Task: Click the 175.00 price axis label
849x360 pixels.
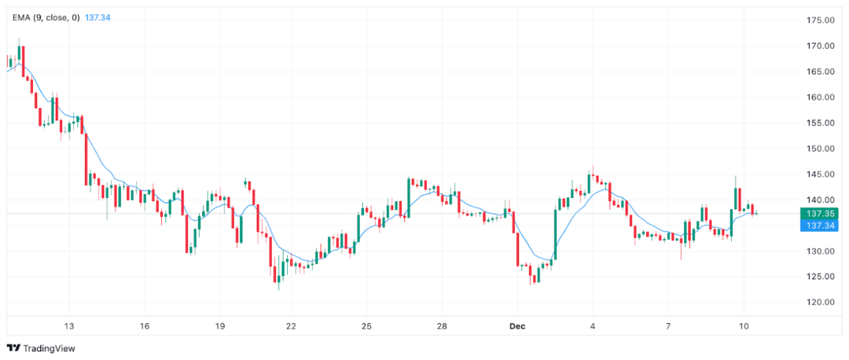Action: (x=818, y=20)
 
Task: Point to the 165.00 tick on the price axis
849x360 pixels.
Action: (x=818, y=72)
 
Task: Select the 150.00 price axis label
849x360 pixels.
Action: (x=818, y=149)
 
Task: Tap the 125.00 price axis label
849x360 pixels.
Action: (x=818, y=277)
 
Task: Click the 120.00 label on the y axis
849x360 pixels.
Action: (x=818, y=303)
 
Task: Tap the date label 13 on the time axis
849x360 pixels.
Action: (x=69, y=325)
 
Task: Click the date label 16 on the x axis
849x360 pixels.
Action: (x=145, y=325)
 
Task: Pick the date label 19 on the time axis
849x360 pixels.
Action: (x=219, y=325)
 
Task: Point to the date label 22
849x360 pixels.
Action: (x=291, y=325)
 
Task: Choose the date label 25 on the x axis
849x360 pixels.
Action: (x=366, y=325)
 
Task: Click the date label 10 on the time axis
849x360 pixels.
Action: (x=744, y=325)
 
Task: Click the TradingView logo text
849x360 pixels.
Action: (x=49, y=348)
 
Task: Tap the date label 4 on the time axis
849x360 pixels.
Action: (x=593, y=325)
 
